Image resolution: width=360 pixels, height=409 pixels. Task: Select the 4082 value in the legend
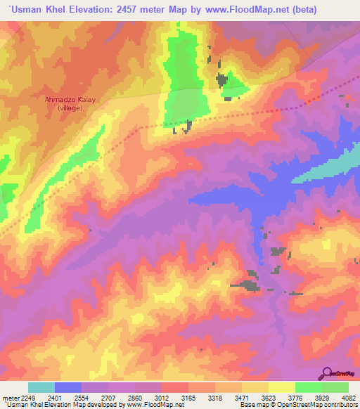349,397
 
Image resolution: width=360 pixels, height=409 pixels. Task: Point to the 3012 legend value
162,397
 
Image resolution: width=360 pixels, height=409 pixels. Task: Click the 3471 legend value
242,397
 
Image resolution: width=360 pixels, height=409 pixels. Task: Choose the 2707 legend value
108,397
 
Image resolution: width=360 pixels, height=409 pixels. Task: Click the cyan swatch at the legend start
41,387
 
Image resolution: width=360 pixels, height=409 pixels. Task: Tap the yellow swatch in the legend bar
282,387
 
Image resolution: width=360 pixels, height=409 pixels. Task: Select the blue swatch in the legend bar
68,387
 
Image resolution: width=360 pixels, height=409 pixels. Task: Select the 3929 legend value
322,397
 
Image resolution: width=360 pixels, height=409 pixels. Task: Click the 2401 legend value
55,397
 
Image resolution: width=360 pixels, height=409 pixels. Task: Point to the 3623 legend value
269,397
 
